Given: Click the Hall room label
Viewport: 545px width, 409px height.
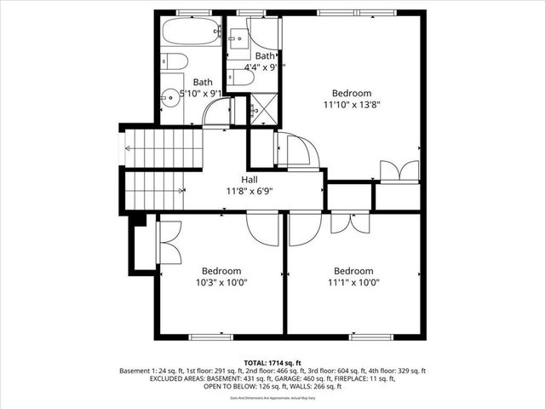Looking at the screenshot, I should pyautogui.click(x=250, y=180).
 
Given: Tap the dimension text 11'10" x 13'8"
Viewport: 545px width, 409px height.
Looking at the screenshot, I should pyautogui.click(x=351, y=106).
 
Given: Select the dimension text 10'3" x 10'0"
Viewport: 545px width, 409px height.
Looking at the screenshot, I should pyautogui.click(x=220, y=283).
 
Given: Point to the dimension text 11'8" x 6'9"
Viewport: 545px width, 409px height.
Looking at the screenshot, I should pyautogui.click(x=250, y=192).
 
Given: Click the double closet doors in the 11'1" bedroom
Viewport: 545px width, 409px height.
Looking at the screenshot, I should pyautogui.click(x=349, y=222).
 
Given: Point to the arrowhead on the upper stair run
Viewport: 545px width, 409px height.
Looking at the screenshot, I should pyautogui.click(x=128, y=148).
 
